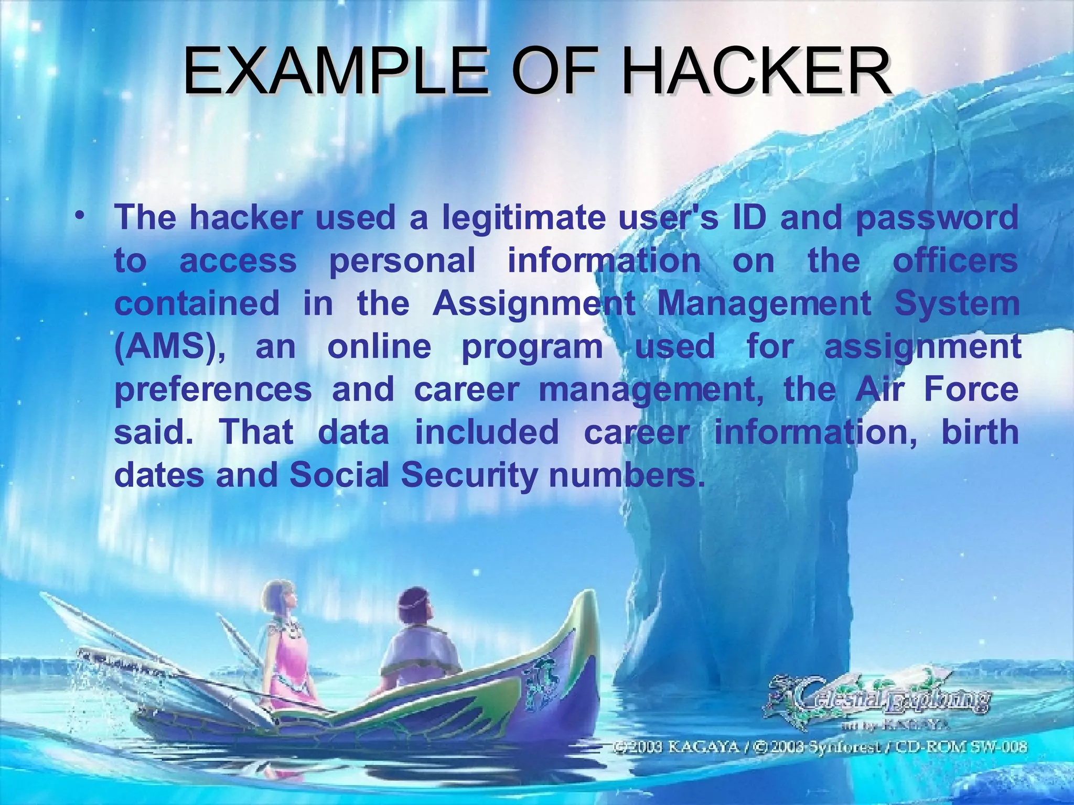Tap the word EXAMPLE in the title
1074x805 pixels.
(x=336, y=71)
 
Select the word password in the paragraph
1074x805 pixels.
(x=937, y=219)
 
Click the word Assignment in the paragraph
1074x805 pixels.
(x=534, y=304)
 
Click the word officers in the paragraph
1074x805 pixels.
(x=955, y=261)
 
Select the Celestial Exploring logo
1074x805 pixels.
(x=881, y=700)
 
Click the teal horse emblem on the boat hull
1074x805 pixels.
(x=543, y=681)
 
